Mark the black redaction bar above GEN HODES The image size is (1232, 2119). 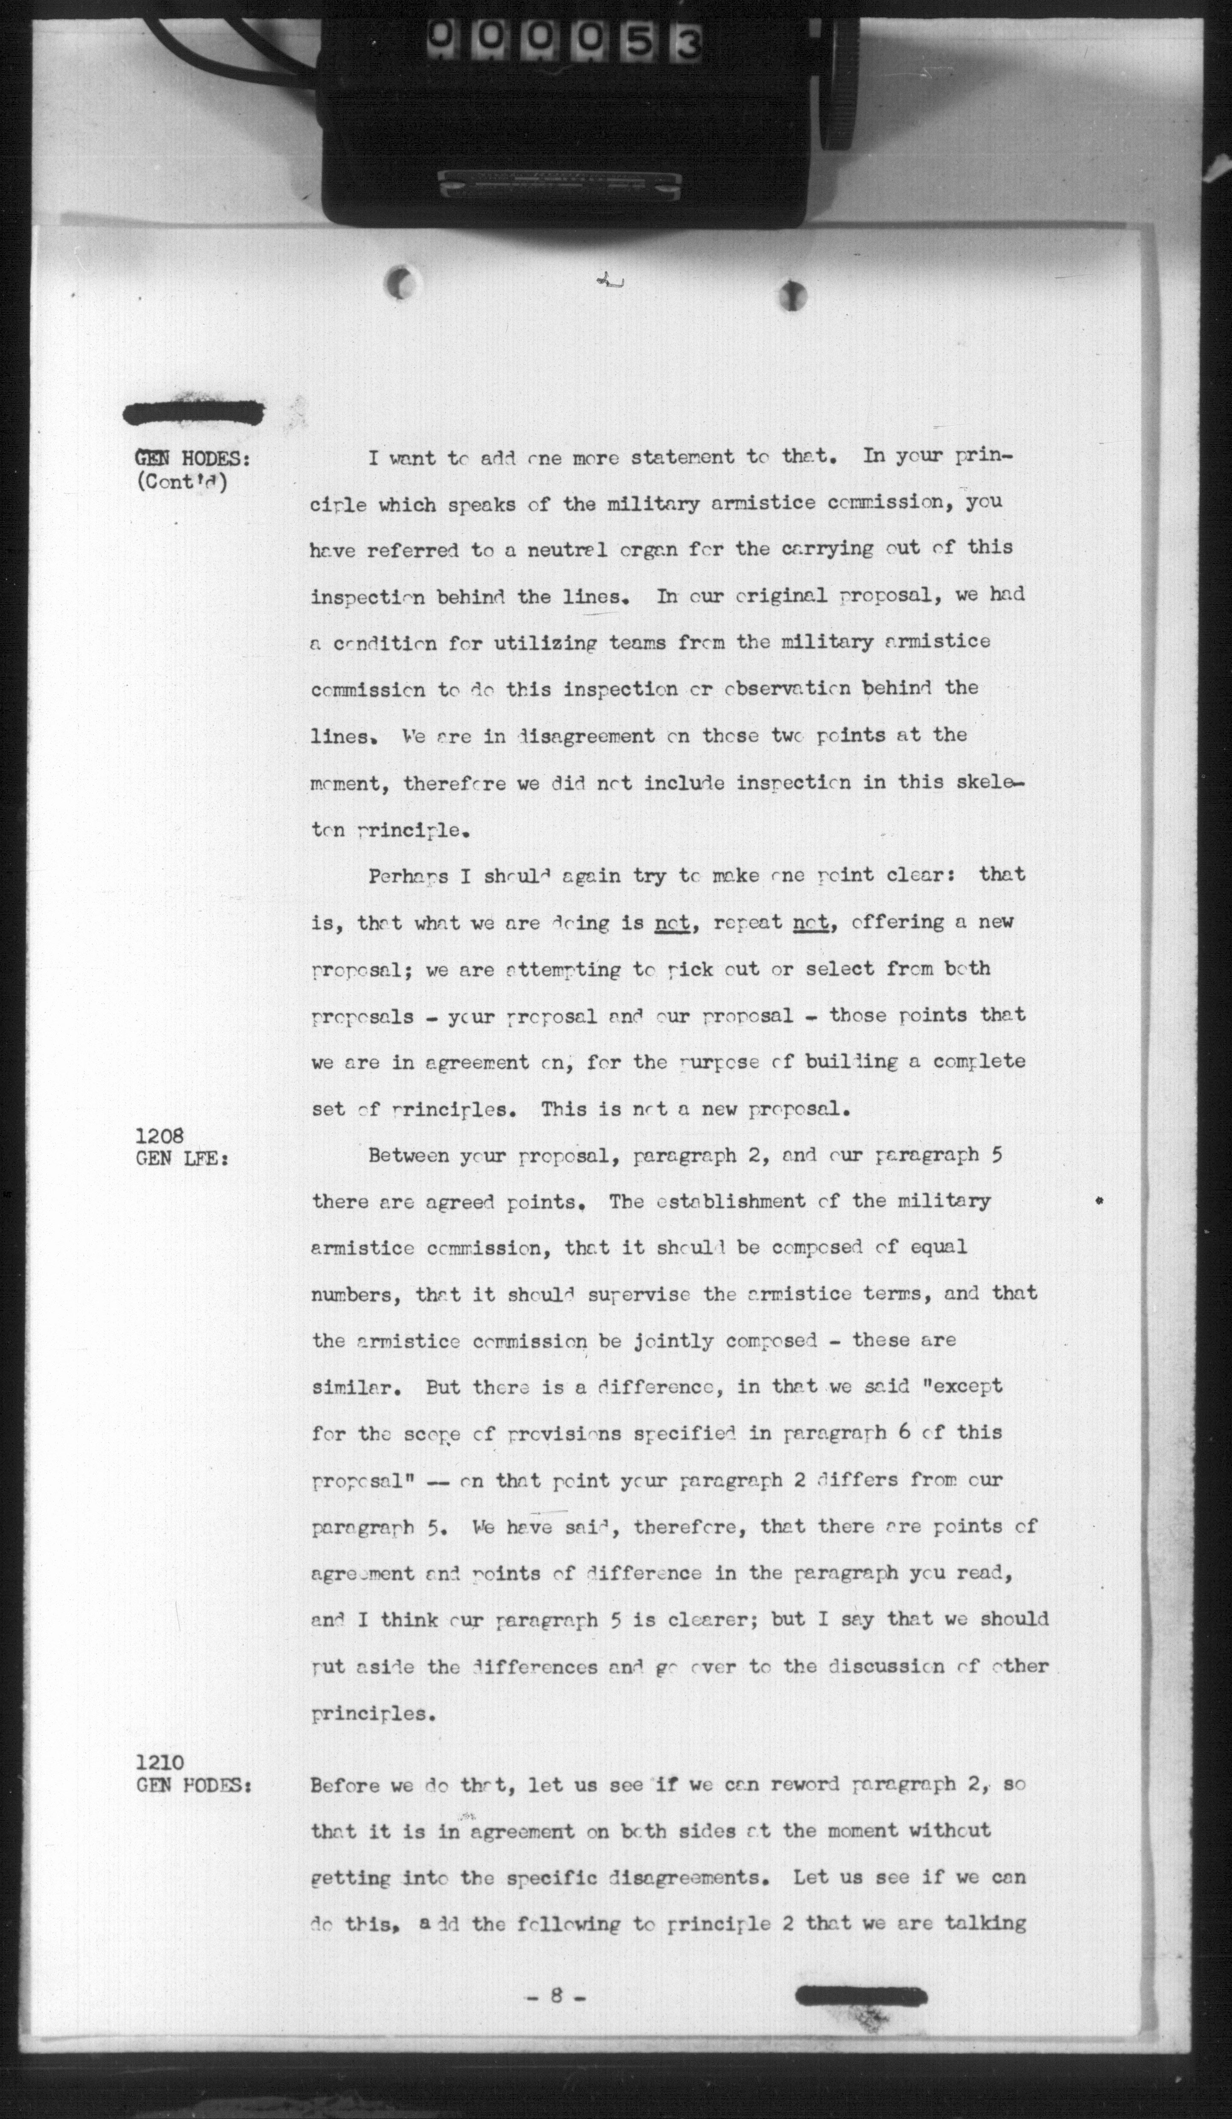click(194, 413)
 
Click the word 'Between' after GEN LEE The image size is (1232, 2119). click(408, 1155)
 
